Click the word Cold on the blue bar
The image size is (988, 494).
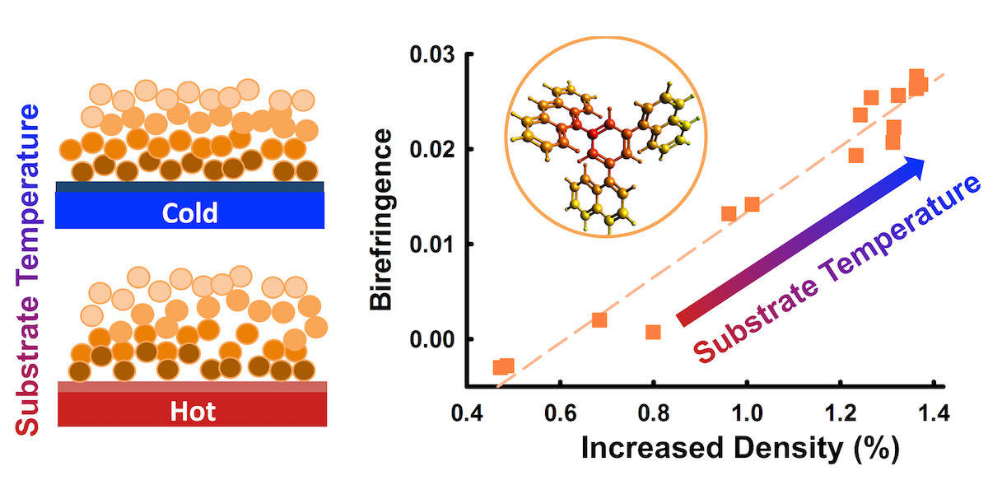(189, 213)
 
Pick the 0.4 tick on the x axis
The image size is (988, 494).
(467, 409)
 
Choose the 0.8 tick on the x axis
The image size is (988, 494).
(653, 409)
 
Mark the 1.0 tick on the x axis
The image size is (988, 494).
(746, 409)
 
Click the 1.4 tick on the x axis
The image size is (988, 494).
(932, 409)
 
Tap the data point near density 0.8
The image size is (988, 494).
(653, 332)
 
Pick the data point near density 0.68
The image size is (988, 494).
(599, 319)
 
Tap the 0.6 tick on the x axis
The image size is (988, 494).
(560, 409)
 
